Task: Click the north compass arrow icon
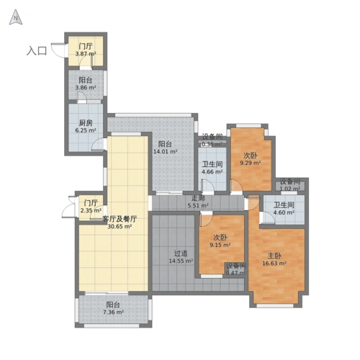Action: point(14,18)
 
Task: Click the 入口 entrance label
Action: point(37,50)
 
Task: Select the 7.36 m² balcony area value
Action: point(114,312)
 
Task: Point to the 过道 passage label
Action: point(181,253)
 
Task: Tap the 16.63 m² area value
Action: point(276,264)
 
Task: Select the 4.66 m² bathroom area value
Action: point(212,172)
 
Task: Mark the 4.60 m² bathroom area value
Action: point(284,213)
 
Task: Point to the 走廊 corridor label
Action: point(198,198)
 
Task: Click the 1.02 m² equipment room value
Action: point(290,189)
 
